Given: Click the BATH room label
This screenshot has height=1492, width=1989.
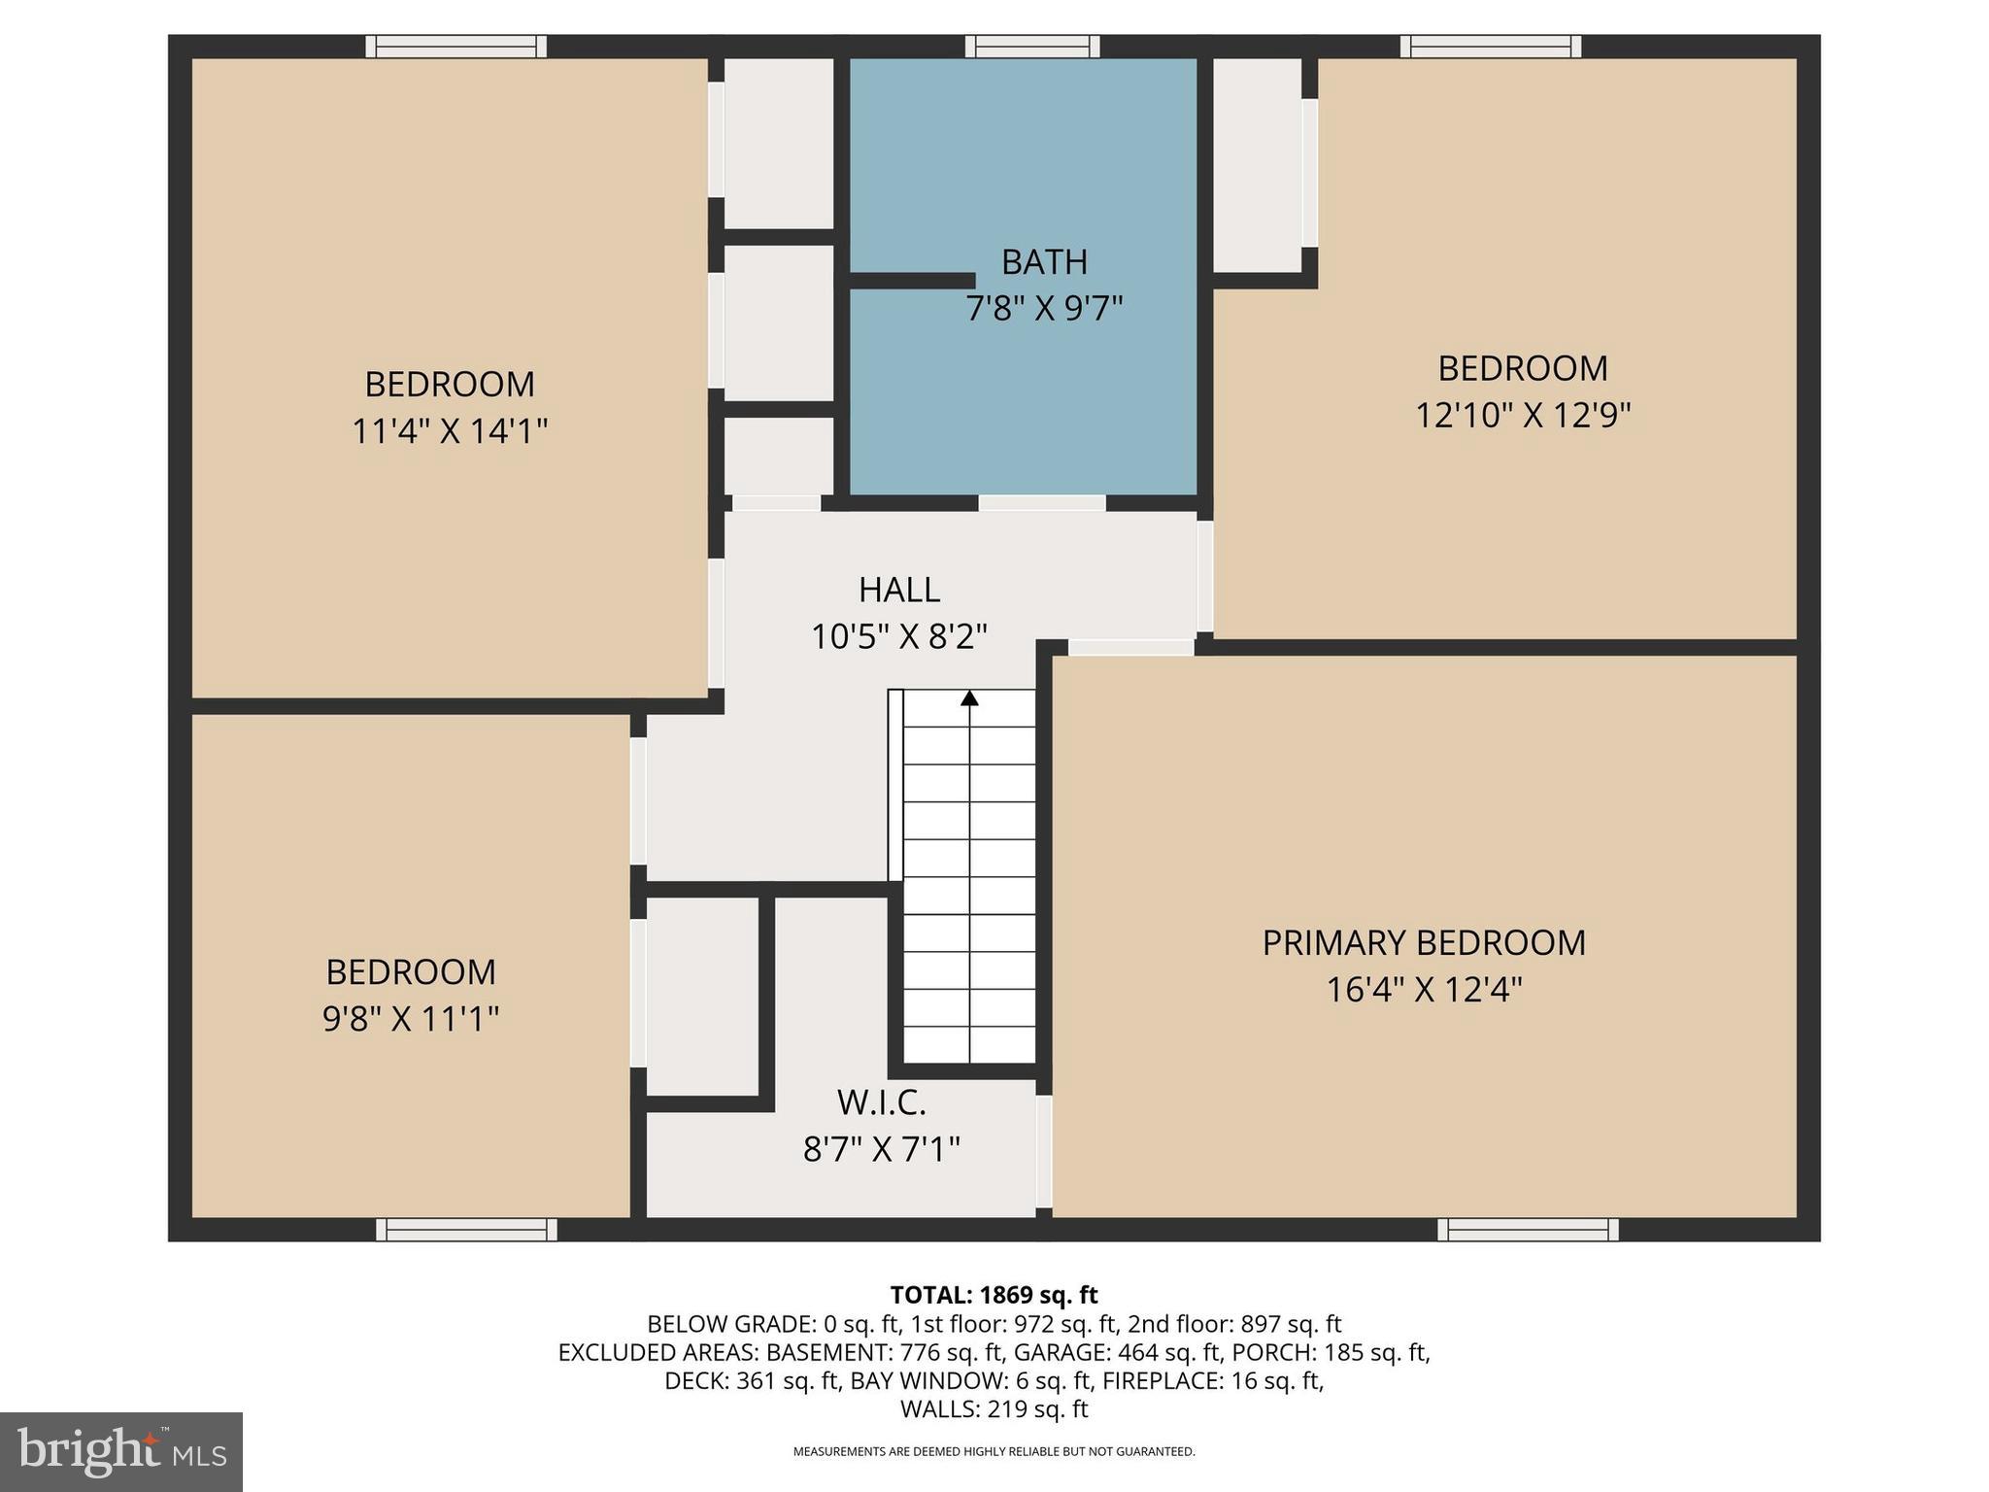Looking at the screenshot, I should click(1044, 262).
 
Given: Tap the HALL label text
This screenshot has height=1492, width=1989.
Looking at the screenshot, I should click(898, 591).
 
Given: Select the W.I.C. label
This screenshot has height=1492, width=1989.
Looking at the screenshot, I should click(881, 1102).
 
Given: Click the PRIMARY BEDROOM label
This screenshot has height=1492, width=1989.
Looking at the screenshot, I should click(1424, 943).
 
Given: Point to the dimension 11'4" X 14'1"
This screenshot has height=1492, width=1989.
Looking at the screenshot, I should click(450, 431).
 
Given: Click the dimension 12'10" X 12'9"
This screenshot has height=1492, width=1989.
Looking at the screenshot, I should click(1522, 416).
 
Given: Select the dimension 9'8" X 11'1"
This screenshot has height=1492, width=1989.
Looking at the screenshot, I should click(411, 1019).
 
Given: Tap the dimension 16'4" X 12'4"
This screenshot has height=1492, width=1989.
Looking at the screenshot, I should click(1424, 990).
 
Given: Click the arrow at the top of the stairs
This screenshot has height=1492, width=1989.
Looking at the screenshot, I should click(969, 698).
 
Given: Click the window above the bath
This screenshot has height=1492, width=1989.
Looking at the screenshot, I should click(1032, 47).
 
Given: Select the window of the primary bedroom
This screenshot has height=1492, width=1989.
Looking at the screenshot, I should click(1528, 1230).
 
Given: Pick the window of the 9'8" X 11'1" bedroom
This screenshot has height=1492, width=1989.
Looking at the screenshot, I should click(466, 1230).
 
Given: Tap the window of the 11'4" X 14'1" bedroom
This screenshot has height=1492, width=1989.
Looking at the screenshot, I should click(455, 47).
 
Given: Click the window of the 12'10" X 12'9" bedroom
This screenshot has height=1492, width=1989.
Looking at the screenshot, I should click(1490, 47).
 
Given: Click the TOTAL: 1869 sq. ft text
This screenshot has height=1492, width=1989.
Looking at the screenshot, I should click(994, 1295).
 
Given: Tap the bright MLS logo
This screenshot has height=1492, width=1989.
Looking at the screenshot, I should click(121, 1451).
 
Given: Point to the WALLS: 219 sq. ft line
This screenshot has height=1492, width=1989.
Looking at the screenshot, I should click(994, 1408).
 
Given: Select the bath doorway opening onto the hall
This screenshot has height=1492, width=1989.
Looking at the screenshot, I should click(1041, 503).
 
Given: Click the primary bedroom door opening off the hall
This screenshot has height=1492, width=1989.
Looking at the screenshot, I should click(1130, 647).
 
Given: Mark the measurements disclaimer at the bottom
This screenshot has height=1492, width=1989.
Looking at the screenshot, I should click(994, 1451).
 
